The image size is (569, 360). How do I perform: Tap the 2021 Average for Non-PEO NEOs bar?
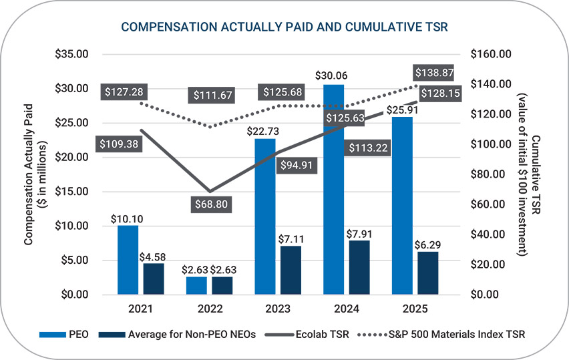pyautogui.click(x=154, y=279)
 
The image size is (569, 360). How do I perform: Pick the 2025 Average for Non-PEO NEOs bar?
pyautogui.click(x=428, y=273)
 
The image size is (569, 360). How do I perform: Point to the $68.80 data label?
pyautogui.click(x=210, y=204)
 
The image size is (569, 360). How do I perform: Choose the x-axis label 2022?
pyautogui.click(x=210, y=310)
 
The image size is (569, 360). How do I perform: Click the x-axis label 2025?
pyautogui.click(x=415, y=310)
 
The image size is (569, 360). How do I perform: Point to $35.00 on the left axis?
pyautogui.click(x=71, y=54)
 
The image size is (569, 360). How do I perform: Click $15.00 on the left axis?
pyautogui.click(x=71, y=192)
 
